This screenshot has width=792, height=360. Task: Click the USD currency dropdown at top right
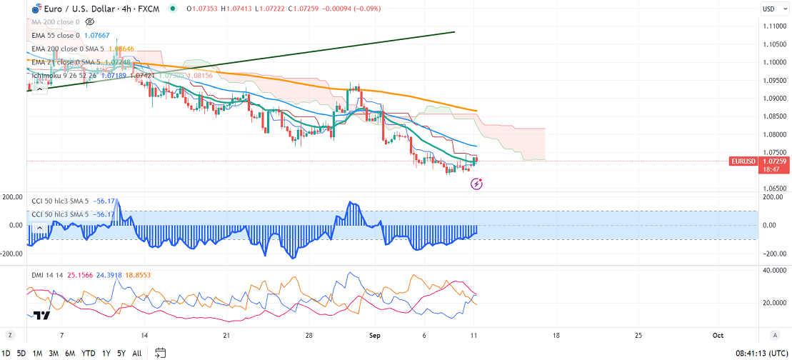[770, 9]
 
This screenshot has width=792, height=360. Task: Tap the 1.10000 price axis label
[775, 62]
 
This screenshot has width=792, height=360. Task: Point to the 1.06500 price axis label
[775, 189]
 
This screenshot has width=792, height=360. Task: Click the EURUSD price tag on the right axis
[743, 161]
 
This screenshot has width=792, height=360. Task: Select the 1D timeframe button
[7, 353]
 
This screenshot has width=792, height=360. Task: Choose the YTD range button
[89, 353]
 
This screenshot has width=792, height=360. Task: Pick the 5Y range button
[121, 353]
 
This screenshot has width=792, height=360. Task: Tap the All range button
[137, 353]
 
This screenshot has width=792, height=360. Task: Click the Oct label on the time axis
[718, 335]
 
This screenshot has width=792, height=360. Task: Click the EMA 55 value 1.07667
[99, 34]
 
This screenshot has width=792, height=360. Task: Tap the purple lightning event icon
[477, 184]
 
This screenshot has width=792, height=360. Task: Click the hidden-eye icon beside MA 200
[90, 22]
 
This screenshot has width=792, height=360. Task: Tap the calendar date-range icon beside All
[160, 353]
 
